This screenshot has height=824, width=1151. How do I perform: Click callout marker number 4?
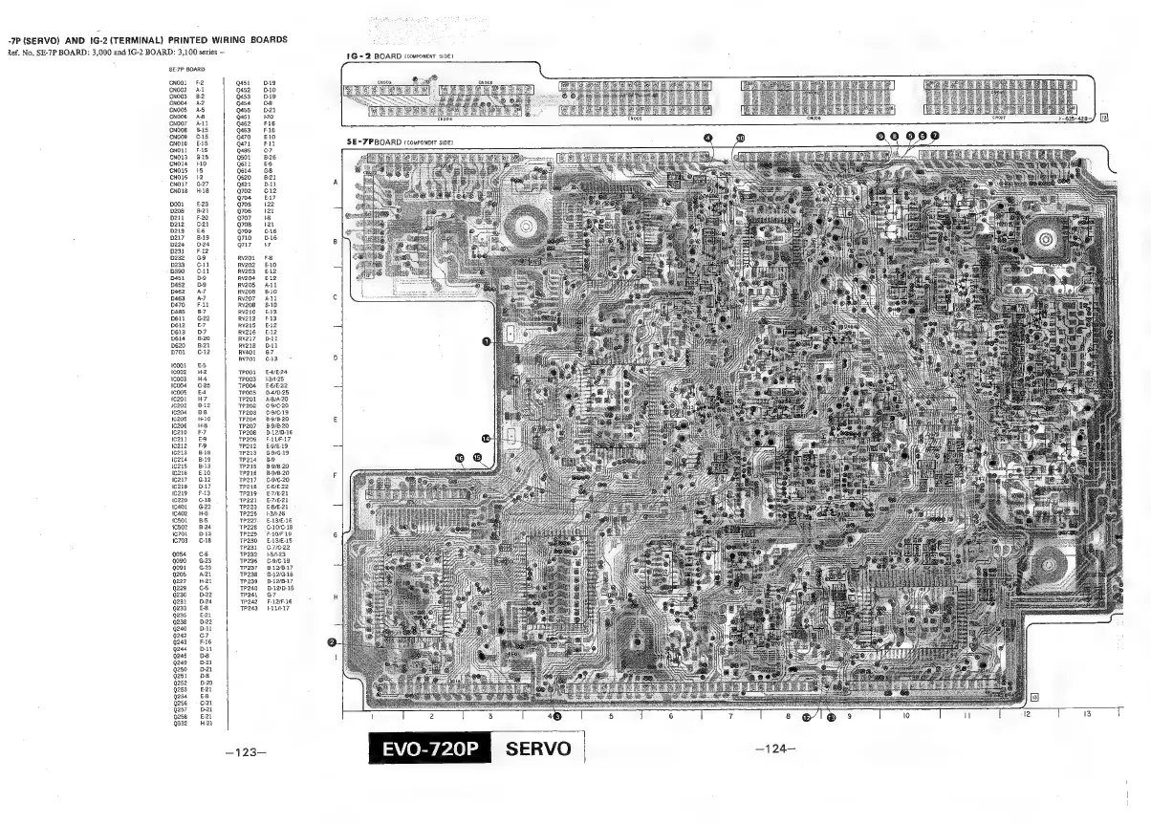[708, 138]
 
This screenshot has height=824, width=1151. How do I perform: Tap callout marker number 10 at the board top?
[739, 138]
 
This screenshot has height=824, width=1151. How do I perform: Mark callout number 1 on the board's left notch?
[486, 340]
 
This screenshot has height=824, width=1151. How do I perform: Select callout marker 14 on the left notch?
[486, 439]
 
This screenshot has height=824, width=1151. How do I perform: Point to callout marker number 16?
[461, 458]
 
